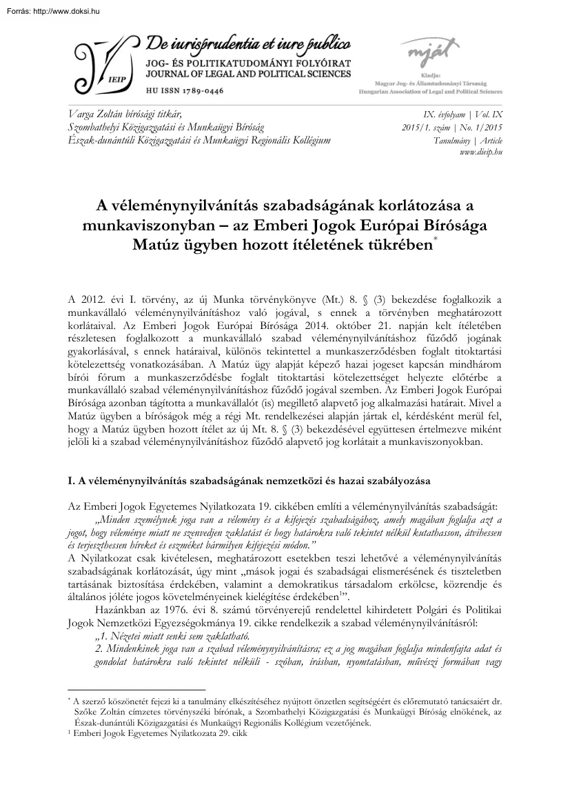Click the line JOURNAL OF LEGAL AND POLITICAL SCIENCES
coord(249,74)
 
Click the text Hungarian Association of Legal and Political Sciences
coord(431,91)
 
